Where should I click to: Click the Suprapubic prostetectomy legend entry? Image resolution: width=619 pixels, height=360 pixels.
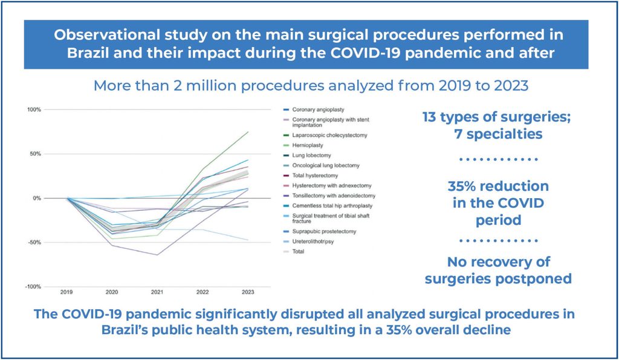click(323, 231)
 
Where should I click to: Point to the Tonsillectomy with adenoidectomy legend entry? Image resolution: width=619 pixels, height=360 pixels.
click(334, 195)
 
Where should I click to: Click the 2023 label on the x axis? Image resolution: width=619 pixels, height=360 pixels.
click(248, 292)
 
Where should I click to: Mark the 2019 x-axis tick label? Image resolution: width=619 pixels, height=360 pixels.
click(67, 292)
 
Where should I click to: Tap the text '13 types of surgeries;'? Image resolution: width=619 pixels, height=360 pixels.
click(496, 117)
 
